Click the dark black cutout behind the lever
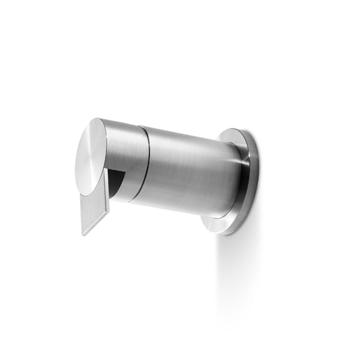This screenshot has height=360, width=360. click(118, 180)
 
